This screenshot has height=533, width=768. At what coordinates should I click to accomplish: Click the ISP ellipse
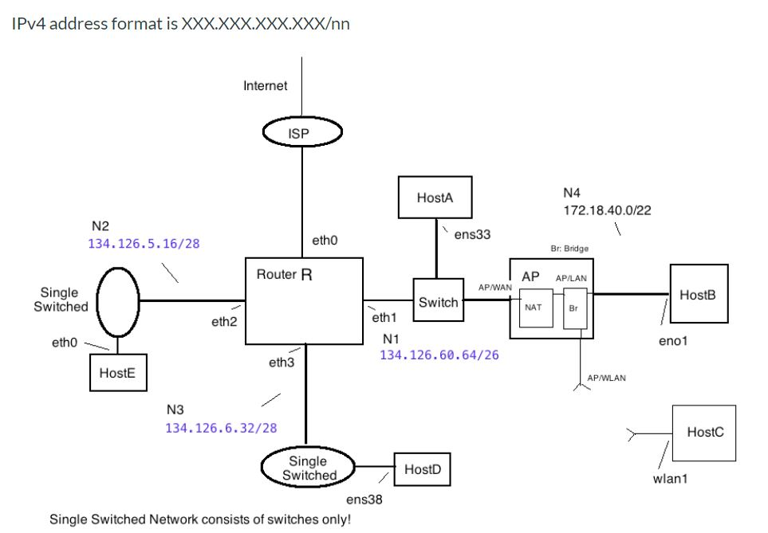point(302,134)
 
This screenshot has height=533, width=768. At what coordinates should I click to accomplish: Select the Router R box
point(304,301)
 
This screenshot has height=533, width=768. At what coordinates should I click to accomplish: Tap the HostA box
point(435,197)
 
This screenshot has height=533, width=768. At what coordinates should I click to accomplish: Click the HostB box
point(698,295)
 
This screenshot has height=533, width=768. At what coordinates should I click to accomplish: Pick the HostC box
point(704,433)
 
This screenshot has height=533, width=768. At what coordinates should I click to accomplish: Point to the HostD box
point(423,470)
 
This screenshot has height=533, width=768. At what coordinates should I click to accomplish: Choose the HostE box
point(118,373)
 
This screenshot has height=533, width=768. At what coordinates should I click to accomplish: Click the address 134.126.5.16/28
point(144,243)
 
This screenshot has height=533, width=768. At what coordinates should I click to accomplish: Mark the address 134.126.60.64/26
point(439,355)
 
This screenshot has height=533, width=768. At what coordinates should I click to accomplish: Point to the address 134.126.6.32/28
point(221,428)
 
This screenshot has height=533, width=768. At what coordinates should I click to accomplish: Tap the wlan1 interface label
point(670,479)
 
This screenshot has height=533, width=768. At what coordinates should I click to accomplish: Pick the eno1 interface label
point(673,340)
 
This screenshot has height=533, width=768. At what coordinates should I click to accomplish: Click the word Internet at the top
point(266,86)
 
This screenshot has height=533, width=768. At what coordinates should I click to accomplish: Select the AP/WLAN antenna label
point(606,378)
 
